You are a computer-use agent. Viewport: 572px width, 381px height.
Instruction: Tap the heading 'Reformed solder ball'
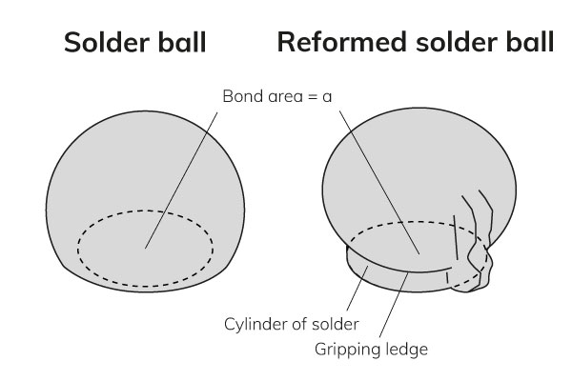[x=415, y=44]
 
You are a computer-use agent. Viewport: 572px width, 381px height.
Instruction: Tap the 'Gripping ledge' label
[x=371, y=349]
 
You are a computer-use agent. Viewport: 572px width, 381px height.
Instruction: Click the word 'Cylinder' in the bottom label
[x=253, y=324]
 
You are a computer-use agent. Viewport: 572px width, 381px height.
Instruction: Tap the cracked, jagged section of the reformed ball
[x=477, y=248]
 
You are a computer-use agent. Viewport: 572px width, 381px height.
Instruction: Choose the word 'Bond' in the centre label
[x=239, y=96]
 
